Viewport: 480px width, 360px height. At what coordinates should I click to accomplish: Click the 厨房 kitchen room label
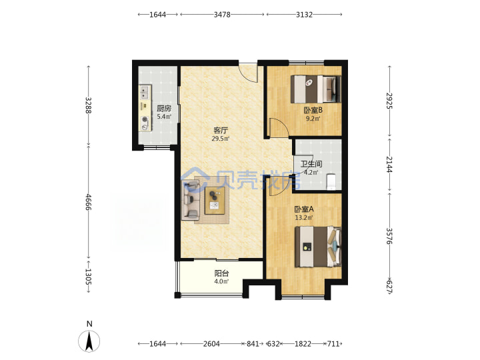164,109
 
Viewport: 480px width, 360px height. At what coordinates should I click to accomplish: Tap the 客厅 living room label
221,131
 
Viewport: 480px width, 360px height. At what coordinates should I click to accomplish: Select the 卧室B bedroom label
313,110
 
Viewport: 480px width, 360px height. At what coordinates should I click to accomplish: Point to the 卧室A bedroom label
304,209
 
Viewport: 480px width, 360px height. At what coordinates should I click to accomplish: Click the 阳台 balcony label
221,273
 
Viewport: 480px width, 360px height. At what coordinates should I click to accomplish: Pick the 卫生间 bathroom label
311,164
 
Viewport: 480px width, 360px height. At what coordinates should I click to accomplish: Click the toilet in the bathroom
331,181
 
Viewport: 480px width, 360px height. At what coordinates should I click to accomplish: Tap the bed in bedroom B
315,89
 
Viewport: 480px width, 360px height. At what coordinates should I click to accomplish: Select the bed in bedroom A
318,247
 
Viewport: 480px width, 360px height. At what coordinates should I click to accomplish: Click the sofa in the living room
191,200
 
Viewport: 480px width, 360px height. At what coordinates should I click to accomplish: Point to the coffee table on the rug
215,200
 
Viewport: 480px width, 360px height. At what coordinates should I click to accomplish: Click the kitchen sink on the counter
145,92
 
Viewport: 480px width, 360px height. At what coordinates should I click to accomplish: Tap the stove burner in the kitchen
145,120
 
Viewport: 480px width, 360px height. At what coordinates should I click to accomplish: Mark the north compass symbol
89,341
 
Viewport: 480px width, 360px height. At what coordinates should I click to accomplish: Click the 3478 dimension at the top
222,15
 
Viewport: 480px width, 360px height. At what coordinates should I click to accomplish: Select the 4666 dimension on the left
88,202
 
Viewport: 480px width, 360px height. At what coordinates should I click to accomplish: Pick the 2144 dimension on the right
389,165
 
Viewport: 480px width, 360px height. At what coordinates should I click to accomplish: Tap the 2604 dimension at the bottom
211,344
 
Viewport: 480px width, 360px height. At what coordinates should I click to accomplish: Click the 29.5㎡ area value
221,139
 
